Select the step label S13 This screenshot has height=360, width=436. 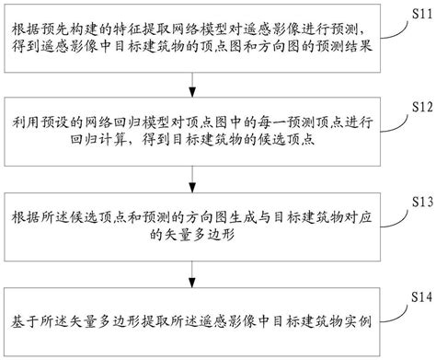click(x=419, y=201)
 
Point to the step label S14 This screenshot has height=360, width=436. click(x=419, y=294)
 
